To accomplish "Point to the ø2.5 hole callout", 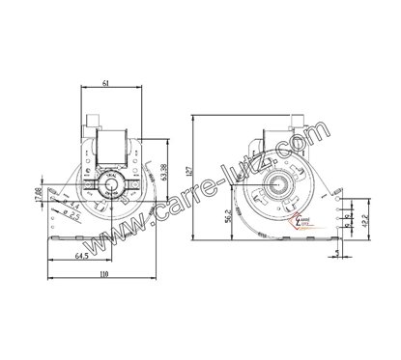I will pyautogui.click(x=72, y=216).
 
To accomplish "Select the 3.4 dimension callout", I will pyautogui.click(x=73, y=207).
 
